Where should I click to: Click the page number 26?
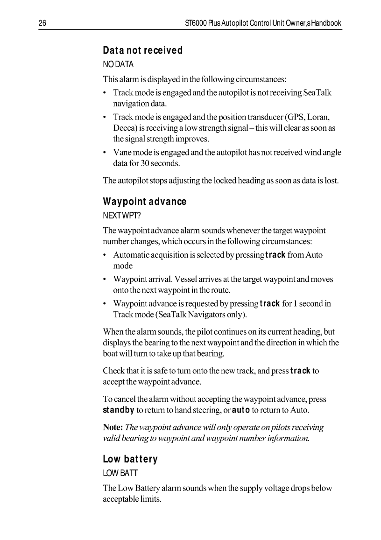tap(42, 23)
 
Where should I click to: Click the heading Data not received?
tap(142, 50)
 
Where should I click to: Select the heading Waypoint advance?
tap(144, 202)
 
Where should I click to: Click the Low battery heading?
tap(130, 459)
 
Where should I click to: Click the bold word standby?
tap(119, 411)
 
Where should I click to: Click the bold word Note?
tap(113, 428)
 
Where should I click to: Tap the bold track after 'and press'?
tap(300, 372)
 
